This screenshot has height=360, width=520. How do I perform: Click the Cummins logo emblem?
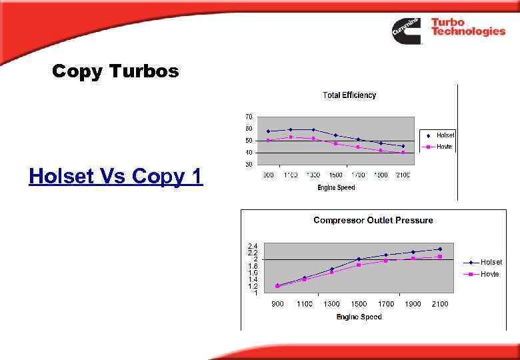point(406,31)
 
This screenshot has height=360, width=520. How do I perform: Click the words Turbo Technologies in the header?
point(467,27)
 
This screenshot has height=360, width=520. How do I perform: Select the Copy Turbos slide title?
point(115,71)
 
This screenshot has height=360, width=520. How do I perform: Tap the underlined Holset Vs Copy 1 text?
point(115,177)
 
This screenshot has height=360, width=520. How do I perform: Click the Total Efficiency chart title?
point(349,95)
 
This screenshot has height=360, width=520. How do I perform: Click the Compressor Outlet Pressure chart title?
point(373,220)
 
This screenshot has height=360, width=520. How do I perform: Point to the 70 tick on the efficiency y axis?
point(249,117)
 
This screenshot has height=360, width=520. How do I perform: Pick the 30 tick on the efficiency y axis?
point(249,164)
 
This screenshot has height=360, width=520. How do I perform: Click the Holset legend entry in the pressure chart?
point(491,262)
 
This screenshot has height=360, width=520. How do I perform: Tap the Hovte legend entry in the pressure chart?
point(490,274)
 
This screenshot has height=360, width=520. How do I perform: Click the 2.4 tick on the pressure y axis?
point(253,246)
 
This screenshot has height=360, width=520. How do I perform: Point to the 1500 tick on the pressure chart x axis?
point(359,304)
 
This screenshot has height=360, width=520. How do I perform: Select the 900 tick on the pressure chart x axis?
point(277,304)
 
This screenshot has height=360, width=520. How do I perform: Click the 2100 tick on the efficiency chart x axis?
point(403,175)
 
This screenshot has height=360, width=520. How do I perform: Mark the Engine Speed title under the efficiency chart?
point(336,187)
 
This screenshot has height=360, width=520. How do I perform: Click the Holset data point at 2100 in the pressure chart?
point(439,249)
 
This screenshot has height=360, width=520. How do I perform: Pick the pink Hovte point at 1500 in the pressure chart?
point(359,265)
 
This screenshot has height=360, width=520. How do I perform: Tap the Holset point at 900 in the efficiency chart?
point(268,131)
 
